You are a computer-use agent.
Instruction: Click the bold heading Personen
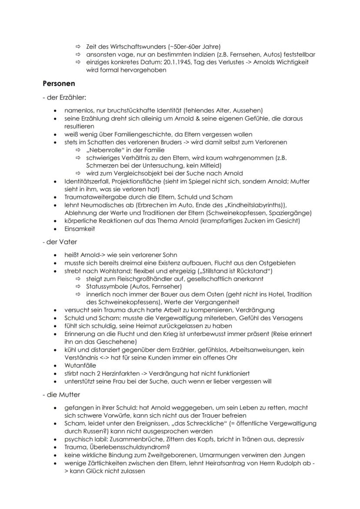click(59, 83)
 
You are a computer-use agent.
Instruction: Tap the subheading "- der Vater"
click(59, 242)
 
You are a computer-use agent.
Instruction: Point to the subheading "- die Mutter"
click(61, 394)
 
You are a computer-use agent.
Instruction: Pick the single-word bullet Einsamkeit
click(80, 229)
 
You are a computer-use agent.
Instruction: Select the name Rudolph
click(297, 463)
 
